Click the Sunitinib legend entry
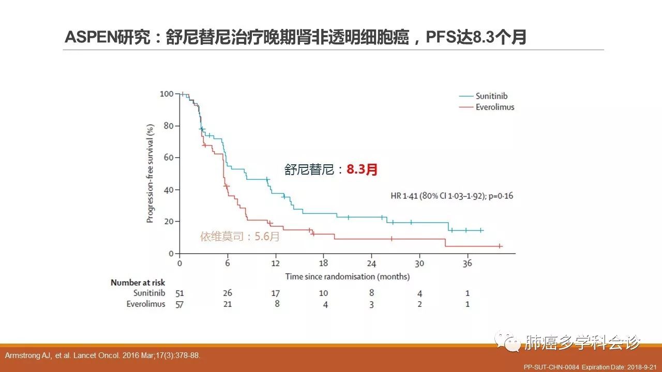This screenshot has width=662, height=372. click(491, 96)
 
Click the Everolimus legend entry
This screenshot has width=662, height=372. click(494, 107)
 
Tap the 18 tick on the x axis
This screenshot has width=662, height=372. click(324, 263)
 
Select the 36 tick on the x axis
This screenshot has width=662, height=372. click(468, 263)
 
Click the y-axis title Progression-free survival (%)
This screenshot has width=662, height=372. click(150, 174)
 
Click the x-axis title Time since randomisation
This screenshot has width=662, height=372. click(347, 276)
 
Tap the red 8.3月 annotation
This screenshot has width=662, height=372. click(362, 169)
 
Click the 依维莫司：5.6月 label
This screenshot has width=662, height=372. click(240, 237)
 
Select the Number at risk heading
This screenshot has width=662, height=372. click(138, 282)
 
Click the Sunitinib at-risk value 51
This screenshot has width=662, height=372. click(179, 293)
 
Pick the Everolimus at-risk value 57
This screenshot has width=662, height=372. click(179, 304)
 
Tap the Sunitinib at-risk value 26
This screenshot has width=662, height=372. click(228, 293)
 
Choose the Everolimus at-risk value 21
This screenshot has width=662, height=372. click(228, 304)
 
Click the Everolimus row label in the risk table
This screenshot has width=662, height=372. click(146, 304)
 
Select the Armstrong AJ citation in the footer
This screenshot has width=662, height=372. click(102, 355)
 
